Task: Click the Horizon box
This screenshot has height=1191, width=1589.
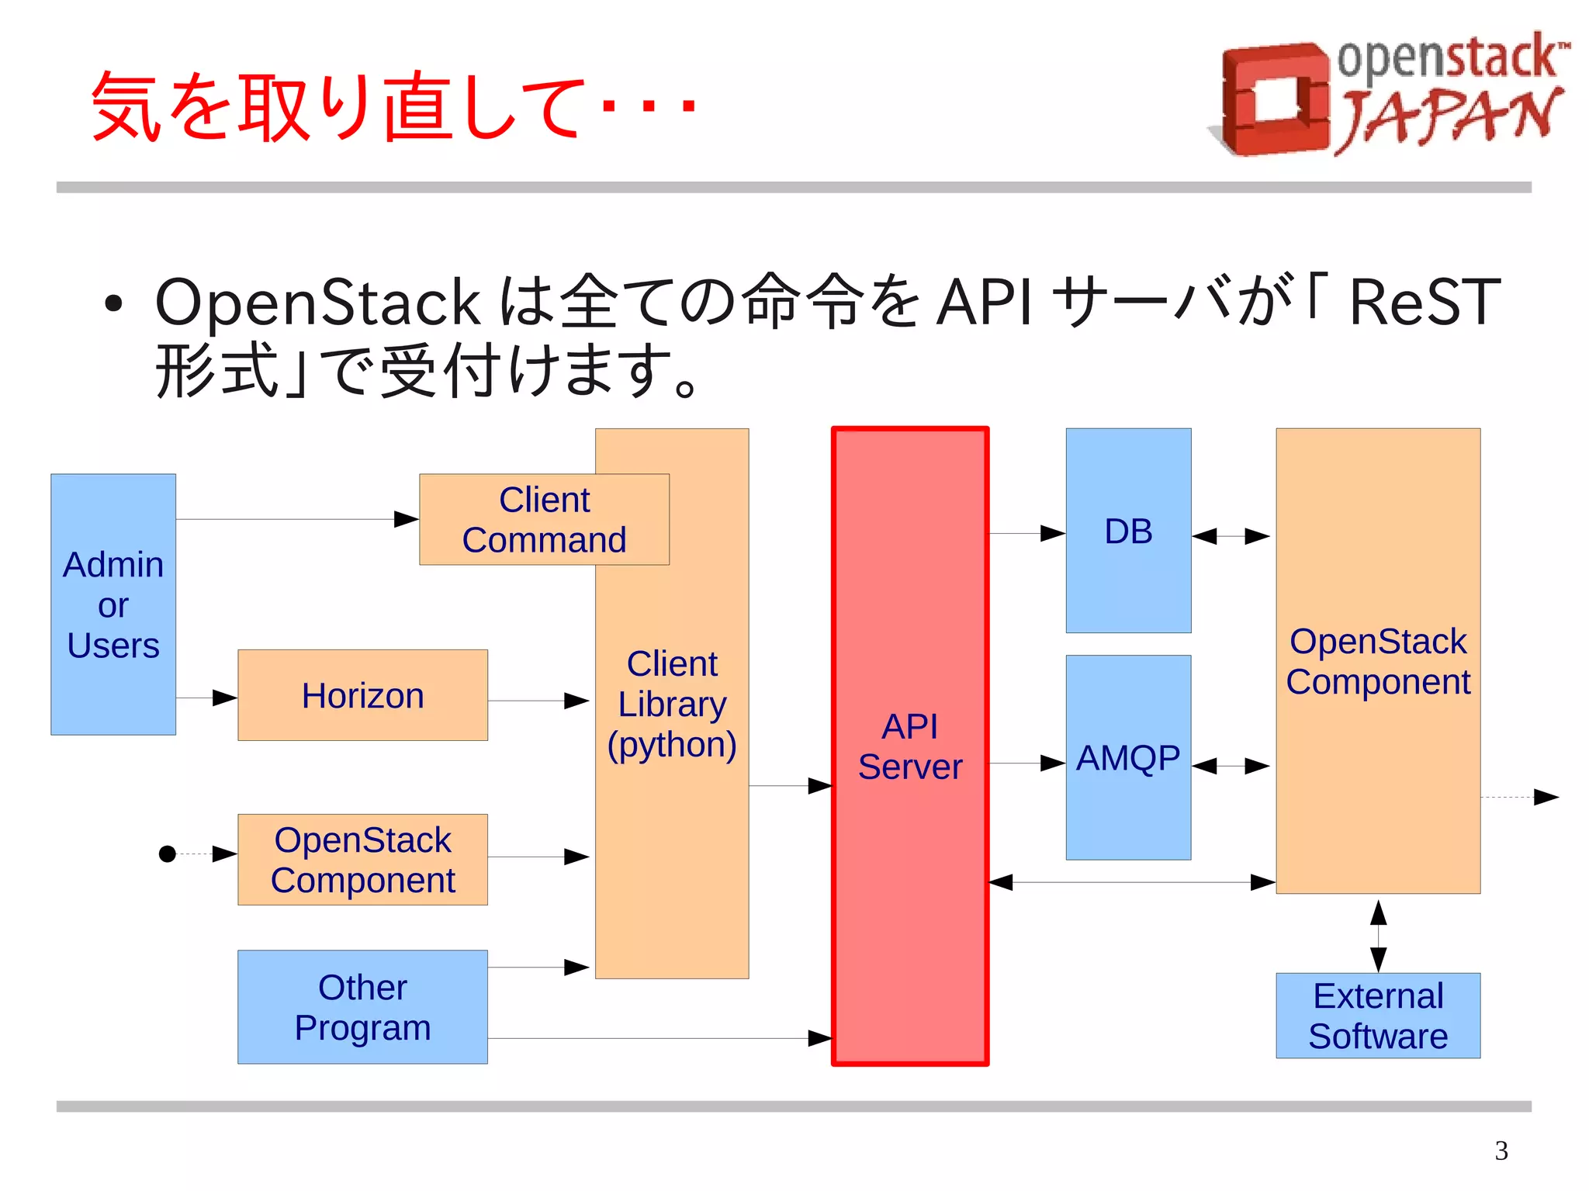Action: point(362,695)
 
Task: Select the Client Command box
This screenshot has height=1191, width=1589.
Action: point(544,520)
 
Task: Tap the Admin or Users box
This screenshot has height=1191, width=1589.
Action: point(113,604)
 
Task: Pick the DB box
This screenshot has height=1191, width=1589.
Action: point(1128,531)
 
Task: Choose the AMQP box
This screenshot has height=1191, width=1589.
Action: point(1128,757)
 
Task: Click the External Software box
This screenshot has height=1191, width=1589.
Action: point(1378,1016)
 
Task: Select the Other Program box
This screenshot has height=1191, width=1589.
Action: point(362,1007)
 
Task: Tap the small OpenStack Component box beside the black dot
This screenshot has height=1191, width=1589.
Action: point(362,860)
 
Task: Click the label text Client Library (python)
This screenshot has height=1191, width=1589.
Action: point(672,704)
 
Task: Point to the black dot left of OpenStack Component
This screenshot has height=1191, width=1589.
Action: point(167,854)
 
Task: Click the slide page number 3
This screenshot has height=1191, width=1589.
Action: point(1501,1151)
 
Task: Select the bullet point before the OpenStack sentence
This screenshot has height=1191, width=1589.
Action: point(113,304)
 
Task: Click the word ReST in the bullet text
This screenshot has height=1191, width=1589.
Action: point(1425,303)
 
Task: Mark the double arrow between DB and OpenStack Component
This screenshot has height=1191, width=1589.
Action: point(1231,536)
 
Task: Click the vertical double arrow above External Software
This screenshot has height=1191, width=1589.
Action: point(1378,935)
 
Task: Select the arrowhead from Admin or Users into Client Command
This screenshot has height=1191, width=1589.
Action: point(406,519)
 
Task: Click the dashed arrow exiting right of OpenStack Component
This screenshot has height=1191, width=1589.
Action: point(1521,797)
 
